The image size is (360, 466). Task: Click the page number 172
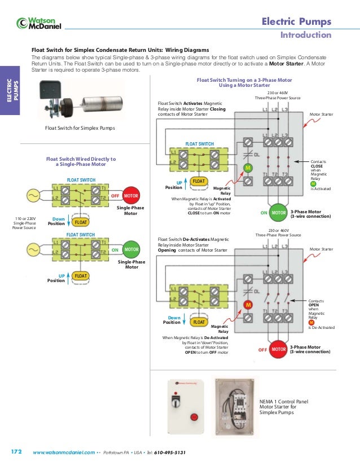16,452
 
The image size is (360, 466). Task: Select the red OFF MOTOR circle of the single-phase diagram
131,195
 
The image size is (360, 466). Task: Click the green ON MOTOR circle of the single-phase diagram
131,249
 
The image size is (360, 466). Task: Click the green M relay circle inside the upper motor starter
247,168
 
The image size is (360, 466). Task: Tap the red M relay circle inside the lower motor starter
247,305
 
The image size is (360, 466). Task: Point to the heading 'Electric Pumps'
296,22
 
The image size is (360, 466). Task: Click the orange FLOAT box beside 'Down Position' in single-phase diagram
81,222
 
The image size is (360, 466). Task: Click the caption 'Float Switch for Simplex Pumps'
80,128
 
